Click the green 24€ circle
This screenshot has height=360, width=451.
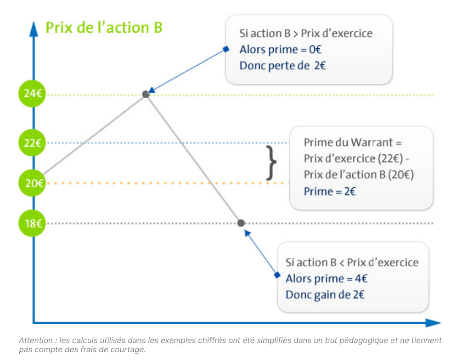coord(32,94)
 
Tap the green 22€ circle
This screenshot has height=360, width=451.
coord(32,143)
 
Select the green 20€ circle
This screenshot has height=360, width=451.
coord(32,183)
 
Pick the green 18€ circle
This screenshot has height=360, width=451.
coord(32,223)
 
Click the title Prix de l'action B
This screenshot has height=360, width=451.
coord(104,28)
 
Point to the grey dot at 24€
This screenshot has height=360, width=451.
coord(146,94)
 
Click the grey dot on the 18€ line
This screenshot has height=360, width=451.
coord(241,223)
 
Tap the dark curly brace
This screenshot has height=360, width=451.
coord(271,163)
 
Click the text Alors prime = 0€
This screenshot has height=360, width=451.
coord(281,50)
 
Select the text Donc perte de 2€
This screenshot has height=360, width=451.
coord(283,66)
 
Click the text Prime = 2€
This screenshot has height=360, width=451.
coord(330,191)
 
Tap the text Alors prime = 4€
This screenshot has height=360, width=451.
coord(327,279)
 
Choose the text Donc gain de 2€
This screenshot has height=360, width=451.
coord(325,295)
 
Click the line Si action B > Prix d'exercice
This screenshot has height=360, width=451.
coord(306,34)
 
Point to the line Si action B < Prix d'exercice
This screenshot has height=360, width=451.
coord(352,263)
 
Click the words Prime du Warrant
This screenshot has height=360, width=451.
coord(348,142)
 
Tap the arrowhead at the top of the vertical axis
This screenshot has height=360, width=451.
coord(34,29)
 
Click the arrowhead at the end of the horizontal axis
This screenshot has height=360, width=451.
coord(433,323)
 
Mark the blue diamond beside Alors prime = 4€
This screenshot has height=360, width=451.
coord(277,275)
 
